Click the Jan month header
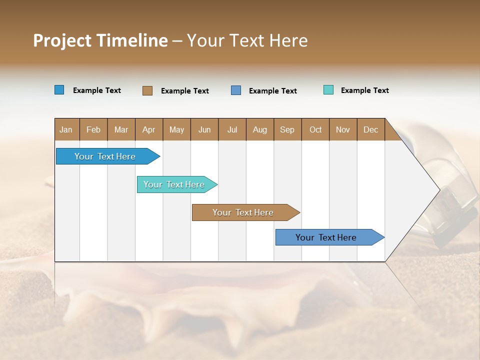point(66,129)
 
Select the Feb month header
point(93,129)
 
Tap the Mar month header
point(121,129)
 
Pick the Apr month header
point(149,129)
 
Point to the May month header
point(176,129)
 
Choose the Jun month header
point(204,129)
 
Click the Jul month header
point(232,129)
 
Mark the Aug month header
point(260,129)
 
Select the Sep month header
point(287,129)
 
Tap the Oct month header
point(315,129)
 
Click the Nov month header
point(343,129)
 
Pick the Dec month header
point(371,129)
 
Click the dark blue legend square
point(59,90)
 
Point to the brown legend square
point(147,90)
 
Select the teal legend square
point(328,90)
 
